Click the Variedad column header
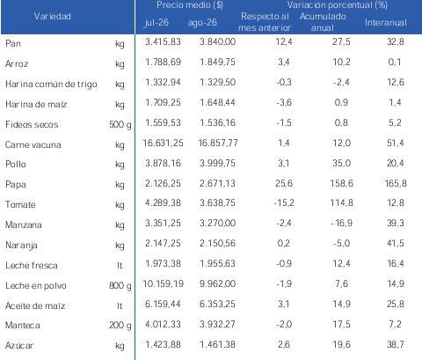click(x=53, y=16)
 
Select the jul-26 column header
click(x=156, y=23)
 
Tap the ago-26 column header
click(x=202, y=23)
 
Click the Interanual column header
click(x=386, y=23)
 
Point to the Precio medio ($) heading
click(x=190, y=5)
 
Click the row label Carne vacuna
click(x=33, y=144)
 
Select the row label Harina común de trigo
click(x=51, y=84)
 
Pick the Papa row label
click(x=16, y=185)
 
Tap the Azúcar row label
click(x=19, y=345)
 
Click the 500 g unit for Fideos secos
click(x=120, y=125)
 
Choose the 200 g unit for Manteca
click(x=120, y=326)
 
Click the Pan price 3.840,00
click(x=217, y=41)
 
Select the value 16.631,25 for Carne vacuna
click(x=163, y=143)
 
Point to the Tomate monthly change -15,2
click(x=284, y=202)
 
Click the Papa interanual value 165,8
click(x=396, y=183)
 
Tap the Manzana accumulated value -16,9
click(x=341, y=223)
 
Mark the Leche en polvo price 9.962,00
click(x=217, y=283)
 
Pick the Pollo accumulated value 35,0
click(x=341, y=163)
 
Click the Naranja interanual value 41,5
click(x=396, y=243)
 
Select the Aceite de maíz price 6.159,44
click(x=163, y=304)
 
